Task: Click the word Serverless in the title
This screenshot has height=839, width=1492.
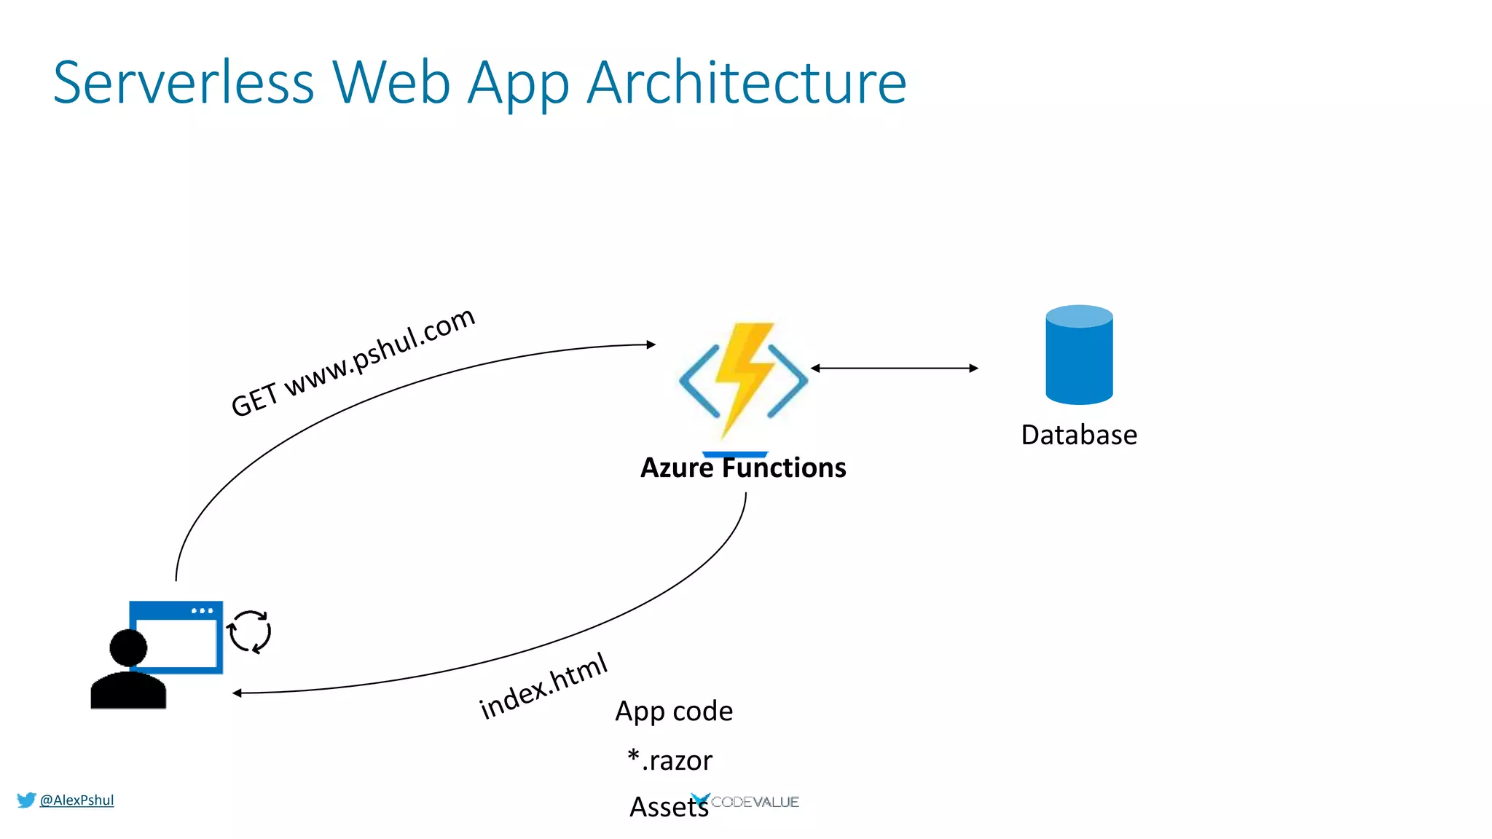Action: click(x=184, y=83)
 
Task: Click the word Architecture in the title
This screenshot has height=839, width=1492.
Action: click(x=746, y=83)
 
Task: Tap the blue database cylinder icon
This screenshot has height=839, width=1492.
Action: click(x=1079, y=355)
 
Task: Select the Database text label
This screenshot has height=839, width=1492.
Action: click(x=1079, y=435)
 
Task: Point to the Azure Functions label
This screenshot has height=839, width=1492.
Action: click(x=743, y=468)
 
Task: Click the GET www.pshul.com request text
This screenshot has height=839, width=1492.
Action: click(x=353, y=362)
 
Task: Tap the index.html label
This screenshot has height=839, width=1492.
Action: click(x=543, y=686)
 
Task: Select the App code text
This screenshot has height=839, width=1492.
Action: click(x=674, y=711)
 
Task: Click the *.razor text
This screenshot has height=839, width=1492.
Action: click(x=670, y=760)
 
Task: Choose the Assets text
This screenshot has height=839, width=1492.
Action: click(x=668, y=807)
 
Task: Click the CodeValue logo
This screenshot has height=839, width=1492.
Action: click(x=746, y=802)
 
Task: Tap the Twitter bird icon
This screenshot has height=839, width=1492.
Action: click(x=26, y=800)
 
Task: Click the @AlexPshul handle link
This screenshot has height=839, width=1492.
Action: click(x=76, y=800)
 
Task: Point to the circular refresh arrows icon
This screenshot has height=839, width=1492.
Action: click(x=250, y=631)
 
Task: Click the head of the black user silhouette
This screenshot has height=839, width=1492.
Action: click(x=128, y=647)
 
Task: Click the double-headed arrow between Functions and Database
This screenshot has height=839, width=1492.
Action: click(x=895, y=369)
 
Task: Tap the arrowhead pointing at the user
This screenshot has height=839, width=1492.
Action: click(x=237, y=693)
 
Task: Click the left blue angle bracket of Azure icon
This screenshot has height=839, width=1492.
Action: click(x=698, y=380)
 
